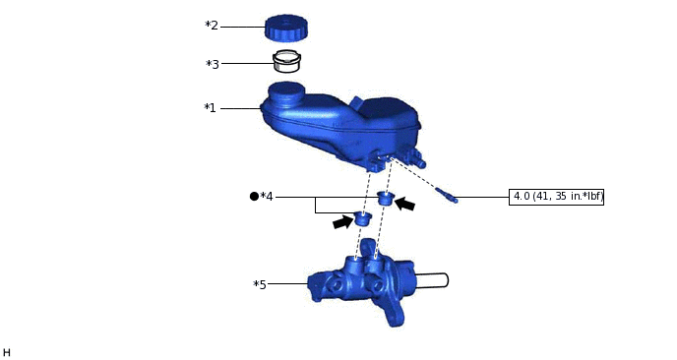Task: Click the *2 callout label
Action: tap(212, 26)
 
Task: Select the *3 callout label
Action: tap(213, 65)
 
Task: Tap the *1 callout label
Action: tap(210, 108)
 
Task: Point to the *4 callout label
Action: tap(267, 197)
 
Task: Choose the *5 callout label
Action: tap(260, 285)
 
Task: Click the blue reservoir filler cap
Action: tap(286, 27)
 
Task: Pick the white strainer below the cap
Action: tap(286, 61)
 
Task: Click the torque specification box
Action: tap(557, 197)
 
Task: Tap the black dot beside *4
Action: tap(254, 197)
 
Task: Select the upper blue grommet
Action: tap(386, 201)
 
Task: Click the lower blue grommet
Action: tap(363, 218)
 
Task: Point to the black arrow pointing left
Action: tap(404, 205)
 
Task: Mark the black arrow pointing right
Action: tap(342, 223)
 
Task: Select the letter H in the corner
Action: tap(7, 352)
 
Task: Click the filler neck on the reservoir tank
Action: tap(285, 93)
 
